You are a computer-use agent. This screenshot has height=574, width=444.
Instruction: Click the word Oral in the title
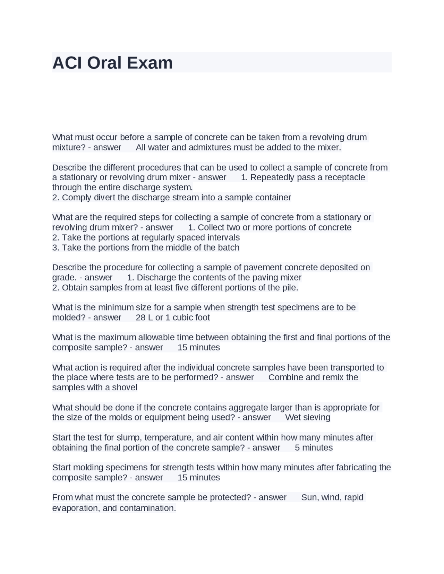pos(104,63)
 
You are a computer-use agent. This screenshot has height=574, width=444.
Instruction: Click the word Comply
pos(75,198)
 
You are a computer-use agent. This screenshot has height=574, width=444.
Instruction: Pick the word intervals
pos(223,237)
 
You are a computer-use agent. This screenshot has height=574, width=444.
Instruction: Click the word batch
pos(228,247)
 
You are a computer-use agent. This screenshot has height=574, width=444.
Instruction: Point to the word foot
pos(201,318)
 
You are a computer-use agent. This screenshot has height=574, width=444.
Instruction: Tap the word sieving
pos(317,417)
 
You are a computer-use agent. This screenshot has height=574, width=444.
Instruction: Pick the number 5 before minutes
pos(297,447)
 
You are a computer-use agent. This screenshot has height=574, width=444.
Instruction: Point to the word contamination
pos(147,508)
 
